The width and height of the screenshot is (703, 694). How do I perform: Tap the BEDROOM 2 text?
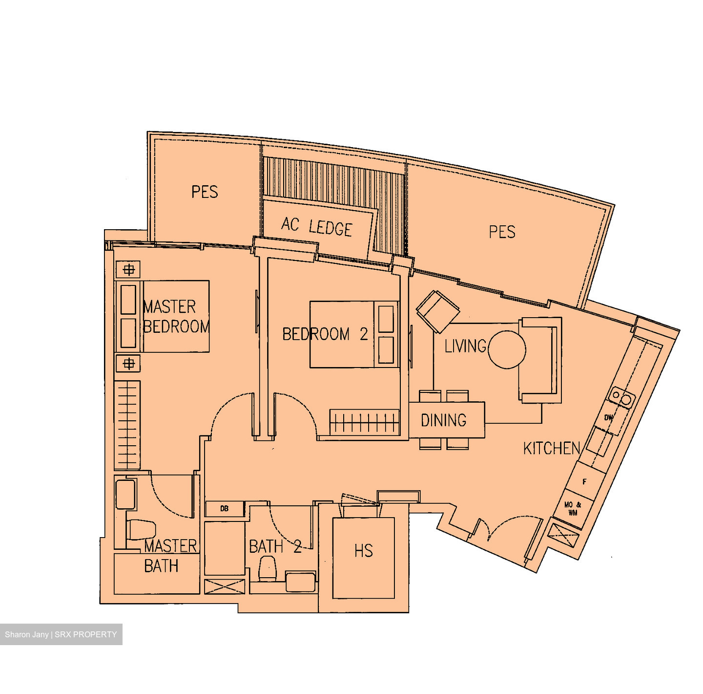pyautogui.click(x=325, y=334)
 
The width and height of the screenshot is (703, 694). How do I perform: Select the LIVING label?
pyautogui.click(x=466, y=346)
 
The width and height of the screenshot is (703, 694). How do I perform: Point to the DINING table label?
pyautogui.click(x=444, y=420)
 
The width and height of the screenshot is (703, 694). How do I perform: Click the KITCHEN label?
pyautogui.click(x=552, y=449)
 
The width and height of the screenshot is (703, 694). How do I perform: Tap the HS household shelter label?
pyautogui.click(x=364, y=551)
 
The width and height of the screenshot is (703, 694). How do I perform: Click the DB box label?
pyautogui.click(x=225, y=508)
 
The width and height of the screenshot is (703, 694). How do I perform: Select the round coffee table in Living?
pyautogui.click(x=507, y=349)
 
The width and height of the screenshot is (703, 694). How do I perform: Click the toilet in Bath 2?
pyautogui.click(x=268, y=569)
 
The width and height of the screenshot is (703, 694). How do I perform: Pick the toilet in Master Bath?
pyautogui.click(x=141, y=530)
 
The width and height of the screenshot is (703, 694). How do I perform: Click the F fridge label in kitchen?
pyautogui.click(x=584, y=482)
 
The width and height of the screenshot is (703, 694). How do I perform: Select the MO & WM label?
pyautogui.click(x=573, y=509)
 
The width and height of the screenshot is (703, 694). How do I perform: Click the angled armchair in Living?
pyautogui.click(x=438, y=312)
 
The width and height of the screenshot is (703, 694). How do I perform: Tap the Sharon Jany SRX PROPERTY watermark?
pyautogui.click(x=61, y=634)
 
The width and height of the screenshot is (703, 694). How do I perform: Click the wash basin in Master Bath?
pyautogui.click(x=126, y=494)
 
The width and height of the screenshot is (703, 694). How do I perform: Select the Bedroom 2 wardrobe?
pyautogui.click(x=365, y=422)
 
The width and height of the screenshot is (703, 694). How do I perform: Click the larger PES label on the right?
pyautogui.click(x=502, y=232)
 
